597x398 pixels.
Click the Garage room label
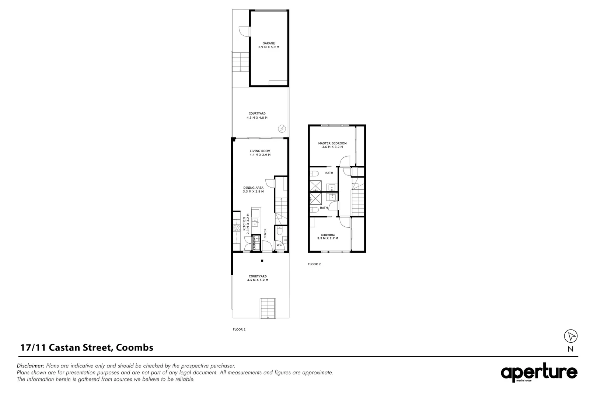(269, 43)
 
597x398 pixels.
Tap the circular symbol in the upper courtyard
(282, 128)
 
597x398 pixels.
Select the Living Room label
(260, 151)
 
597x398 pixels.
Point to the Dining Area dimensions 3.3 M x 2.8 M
(253, 192)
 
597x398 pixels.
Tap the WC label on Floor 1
(279, 245)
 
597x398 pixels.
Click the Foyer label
(265, 233)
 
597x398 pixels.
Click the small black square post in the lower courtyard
(262, 261)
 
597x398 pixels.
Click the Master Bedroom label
(332, 143)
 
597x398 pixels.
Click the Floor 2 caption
(314, 264)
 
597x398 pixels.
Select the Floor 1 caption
(239, 329)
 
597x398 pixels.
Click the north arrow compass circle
(570, 336)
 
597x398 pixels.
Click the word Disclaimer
(31, 366)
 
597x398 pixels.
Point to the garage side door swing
(244, 32)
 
